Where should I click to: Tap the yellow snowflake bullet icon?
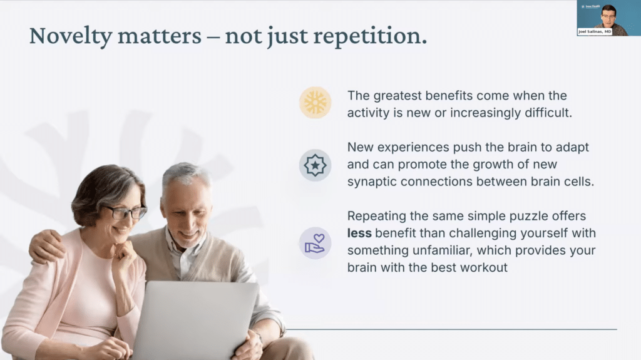pyautogui.click(x=315, y=103)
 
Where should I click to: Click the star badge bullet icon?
pyautogui.click(x=315, y=165)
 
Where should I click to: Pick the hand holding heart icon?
pyautogui.click(x=315, y=243)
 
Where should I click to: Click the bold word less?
pyautogui.click(x=360, y=233)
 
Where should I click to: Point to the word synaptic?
pyautogui.click(x=371, y=181)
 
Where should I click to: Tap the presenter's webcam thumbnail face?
pyautogui.click(x=608, y=15)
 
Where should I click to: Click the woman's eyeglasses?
pyautogui.click(x=125, y=212)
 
